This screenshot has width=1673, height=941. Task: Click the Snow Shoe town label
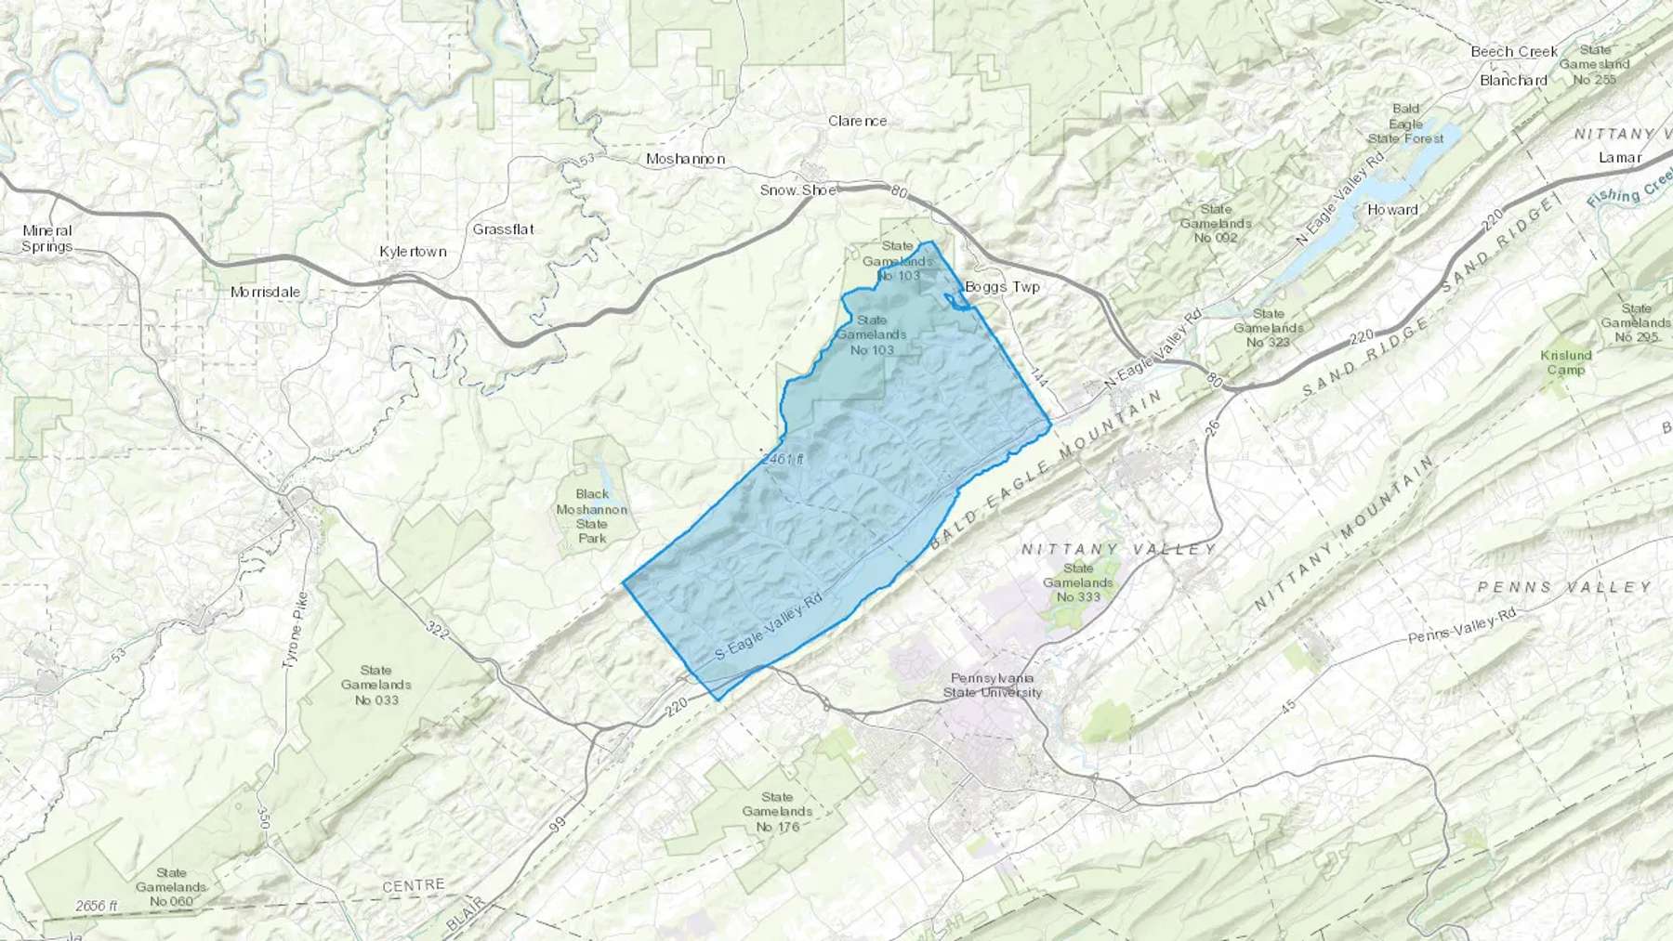[797, 190]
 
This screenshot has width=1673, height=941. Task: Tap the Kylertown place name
[413, 252]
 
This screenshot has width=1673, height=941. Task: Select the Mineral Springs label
[47, 239]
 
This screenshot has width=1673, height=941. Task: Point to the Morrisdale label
[266, 292]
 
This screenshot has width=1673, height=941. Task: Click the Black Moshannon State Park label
[592, 516]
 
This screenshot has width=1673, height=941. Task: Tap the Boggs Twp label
[1002, 287]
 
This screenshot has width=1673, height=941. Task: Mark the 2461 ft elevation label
[782, 459]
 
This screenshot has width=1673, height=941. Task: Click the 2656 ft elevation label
[97, 906]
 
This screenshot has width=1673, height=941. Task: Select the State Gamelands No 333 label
[1078, 582]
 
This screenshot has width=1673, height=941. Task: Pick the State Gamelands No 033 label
[376, 685]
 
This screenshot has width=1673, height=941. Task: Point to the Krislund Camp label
[1566, 362]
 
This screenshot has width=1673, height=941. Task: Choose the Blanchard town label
[1513, 80]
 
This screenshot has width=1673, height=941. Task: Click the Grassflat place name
[503, 229]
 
